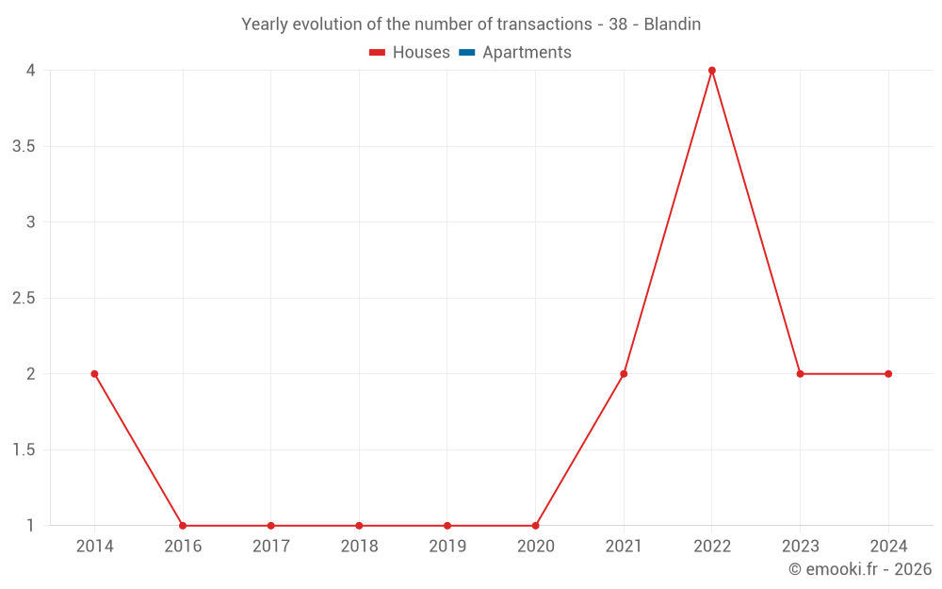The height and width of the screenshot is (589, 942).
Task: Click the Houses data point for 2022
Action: click(x=712, y=71)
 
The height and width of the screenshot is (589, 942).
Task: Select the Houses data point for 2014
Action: click(x=94, y=374)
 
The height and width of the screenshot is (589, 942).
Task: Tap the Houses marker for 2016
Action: click(x=183, y=526)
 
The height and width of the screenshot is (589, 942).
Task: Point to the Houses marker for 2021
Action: click(x=624, y=374)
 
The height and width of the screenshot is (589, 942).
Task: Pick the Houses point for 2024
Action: click(x=888, y=374)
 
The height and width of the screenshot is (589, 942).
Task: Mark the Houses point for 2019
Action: click(x=447, y=526)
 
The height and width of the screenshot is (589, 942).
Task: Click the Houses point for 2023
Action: click(x=800, y=374)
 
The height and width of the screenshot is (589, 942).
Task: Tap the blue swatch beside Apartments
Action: click(x=466, y=53)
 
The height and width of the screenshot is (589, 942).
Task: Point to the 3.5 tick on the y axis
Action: click(x=24, y=146)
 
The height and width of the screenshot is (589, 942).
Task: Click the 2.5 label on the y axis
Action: click(x=24, y=299)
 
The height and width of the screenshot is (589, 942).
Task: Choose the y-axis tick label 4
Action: click(x=31, y=71)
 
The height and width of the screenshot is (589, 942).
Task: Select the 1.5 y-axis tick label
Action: click(x=24, y=450)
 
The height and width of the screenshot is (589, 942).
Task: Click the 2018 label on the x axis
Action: click(x=359, y=547)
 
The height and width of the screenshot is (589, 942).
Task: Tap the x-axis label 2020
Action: click(x=535, y=547)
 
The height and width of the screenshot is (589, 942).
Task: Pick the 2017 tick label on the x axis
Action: click(x=270, y=547)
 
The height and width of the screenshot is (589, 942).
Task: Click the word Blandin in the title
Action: click(x=672, y=25)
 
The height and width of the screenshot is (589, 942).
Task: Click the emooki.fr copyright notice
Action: click(x=860, y=569)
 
